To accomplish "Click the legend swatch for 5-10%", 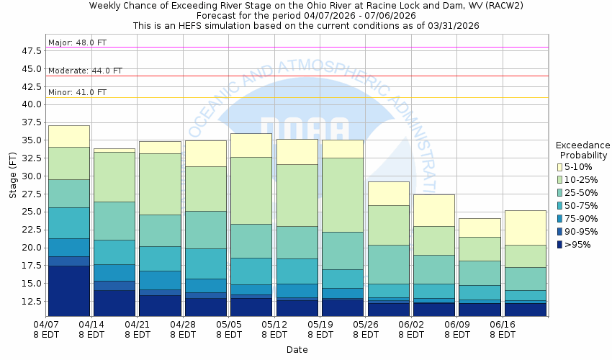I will pos(560,167).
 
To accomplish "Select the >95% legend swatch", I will pos(560,245).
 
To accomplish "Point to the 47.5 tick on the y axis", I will pos(33,50).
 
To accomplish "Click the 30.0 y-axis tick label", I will pos(33,176).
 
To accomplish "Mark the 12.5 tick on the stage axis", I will pos(33,301).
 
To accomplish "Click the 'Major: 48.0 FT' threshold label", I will pos(77,42).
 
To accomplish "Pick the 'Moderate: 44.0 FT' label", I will pos(85,71).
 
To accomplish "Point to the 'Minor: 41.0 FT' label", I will pos(77,92).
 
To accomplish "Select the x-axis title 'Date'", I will pos(297,350).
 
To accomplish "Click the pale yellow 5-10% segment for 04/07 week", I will pos(68,136).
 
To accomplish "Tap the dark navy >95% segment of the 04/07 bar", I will pos(68,291).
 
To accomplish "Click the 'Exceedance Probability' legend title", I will pos(582,149).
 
